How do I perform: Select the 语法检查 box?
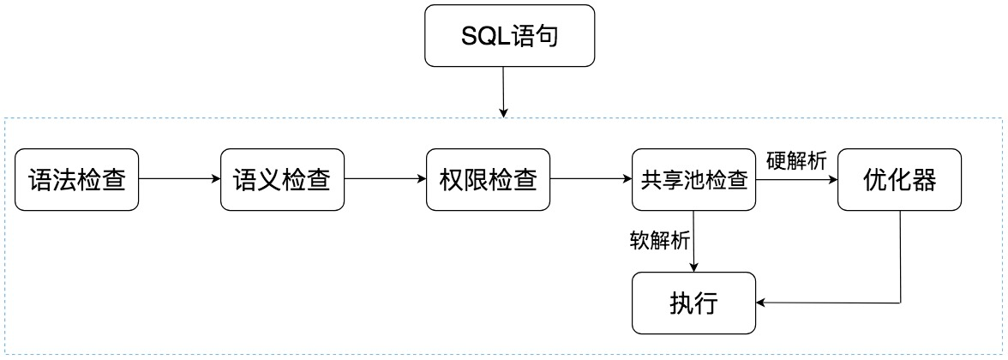click(x=77, y=180)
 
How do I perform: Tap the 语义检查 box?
click(x=282, y=180)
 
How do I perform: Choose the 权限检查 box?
click(x=488, y=180)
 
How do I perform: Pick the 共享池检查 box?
click(x=694, y=180)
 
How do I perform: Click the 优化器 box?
click(x=900, y=180)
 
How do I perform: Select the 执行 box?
click(x=694, y=303)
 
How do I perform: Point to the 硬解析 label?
click(x=796, y=161)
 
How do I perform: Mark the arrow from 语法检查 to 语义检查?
click(x=179, y=179)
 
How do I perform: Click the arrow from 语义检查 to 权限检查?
click(x=385, y=179)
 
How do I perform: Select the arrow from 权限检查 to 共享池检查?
click(x=590, y=179)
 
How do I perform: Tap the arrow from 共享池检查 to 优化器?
click(x=796, y=179)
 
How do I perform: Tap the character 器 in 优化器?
click(x=925, y=180)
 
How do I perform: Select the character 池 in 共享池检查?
click(x=694, y=181)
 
